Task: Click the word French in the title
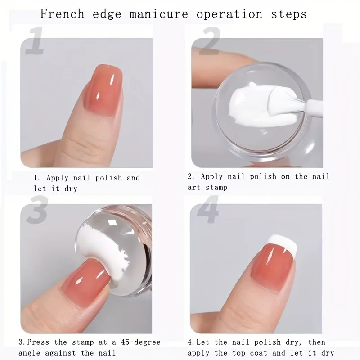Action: point(62,14)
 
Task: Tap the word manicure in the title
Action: point(159,14)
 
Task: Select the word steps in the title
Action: point(289,14)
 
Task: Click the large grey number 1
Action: point(36,40)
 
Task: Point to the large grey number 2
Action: point(209,41)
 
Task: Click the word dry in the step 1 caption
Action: point(71,189)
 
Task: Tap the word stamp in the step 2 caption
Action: point(216,188)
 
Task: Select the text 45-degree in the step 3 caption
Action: point(140,342)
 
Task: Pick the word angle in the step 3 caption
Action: point(29,353)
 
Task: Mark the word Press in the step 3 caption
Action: point(38,342)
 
